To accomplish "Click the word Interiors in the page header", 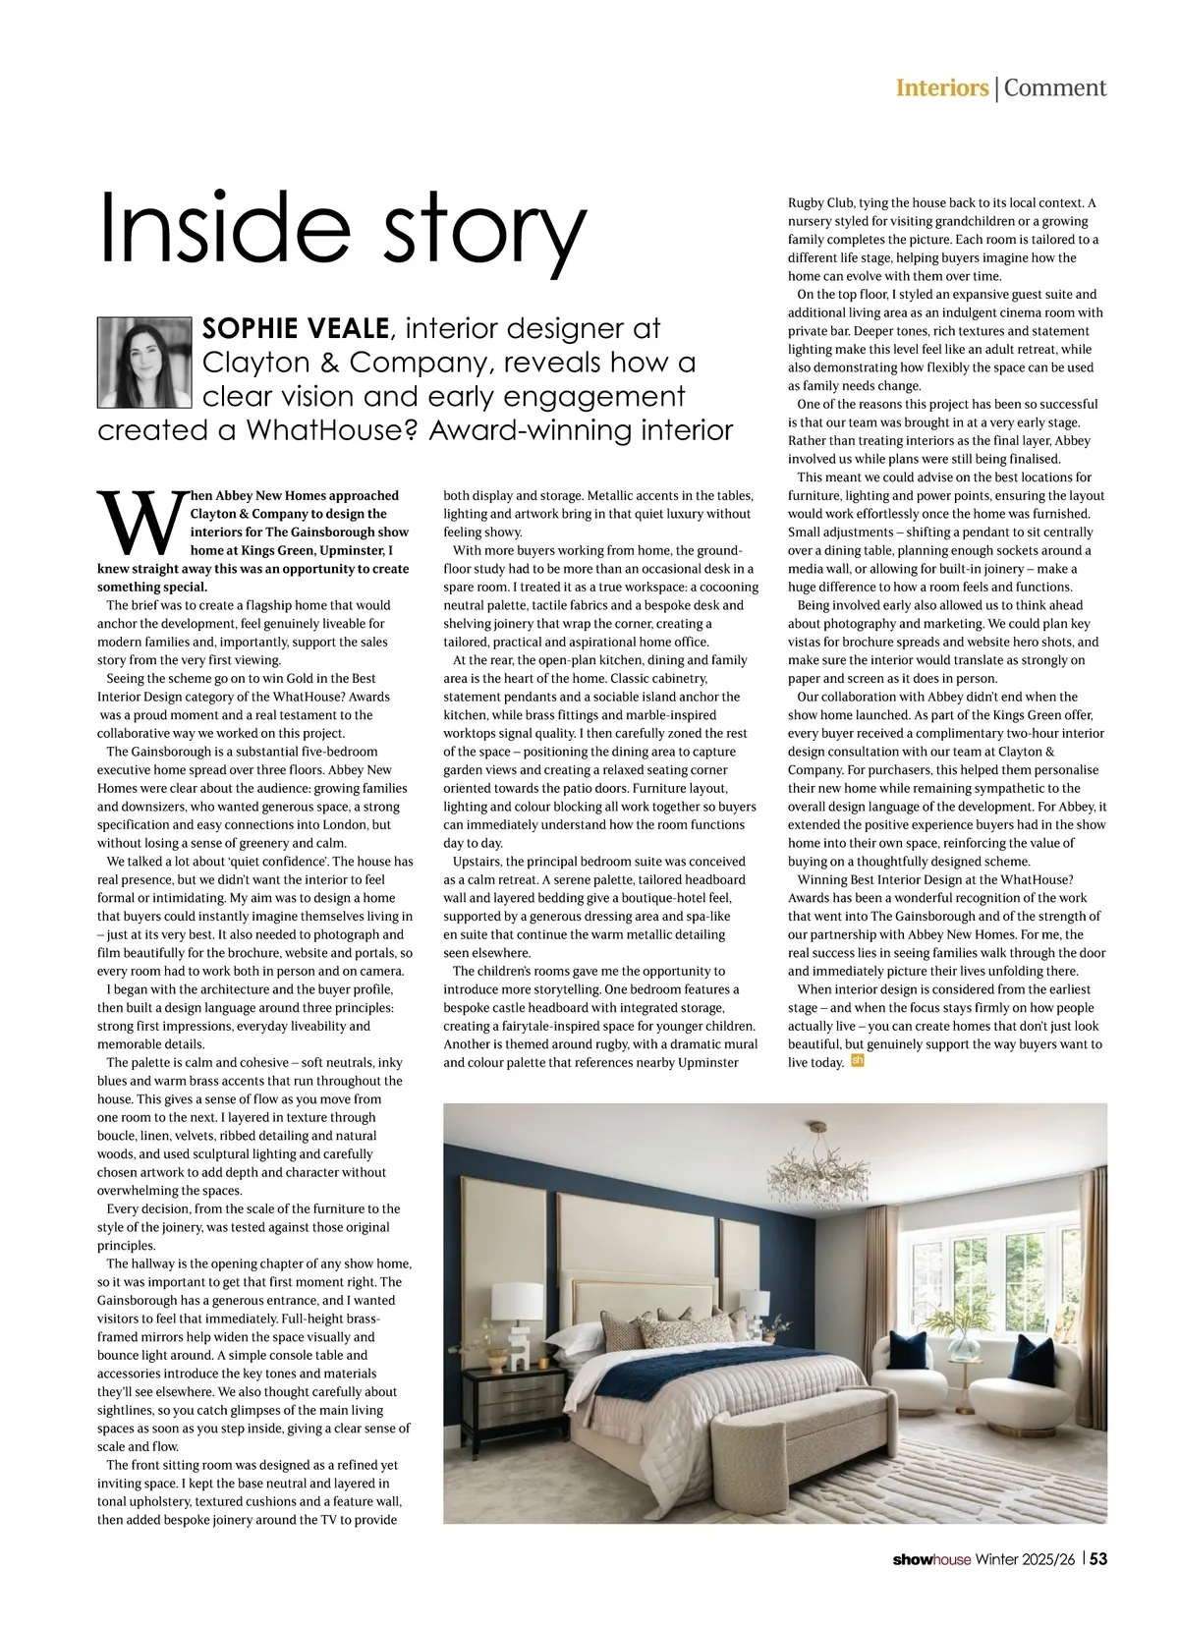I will click(941, 87).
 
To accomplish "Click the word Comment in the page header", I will click(1055, 87).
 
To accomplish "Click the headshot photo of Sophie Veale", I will click(144, 363).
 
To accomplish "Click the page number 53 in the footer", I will click(1098, 1559).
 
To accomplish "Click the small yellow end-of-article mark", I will click(857, 1061).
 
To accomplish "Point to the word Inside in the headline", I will click(226, 227).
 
